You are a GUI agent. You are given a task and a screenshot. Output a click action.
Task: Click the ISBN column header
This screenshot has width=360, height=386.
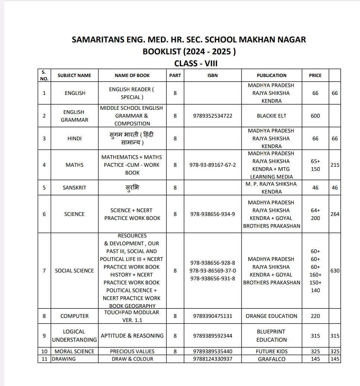[x=212, y=75]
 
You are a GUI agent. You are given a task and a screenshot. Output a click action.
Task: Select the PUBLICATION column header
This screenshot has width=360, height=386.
[x=271, y=75]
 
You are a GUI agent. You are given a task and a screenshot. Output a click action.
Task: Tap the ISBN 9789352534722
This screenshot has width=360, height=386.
[x=212, y=116]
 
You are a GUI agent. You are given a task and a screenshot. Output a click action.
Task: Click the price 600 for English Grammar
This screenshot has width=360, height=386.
[x=315, y=116]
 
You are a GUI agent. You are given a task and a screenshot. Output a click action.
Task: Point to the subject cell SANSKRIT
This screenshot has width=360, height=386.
[x=74, y=188]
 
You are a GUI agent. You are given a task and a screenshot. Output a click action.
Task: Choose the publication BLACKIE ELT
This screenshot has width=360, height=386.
[x=271, y=116]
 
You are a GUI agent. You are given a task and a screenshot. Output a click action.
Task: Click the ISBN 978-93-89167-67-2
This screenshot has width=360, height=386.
[x=212, y=165]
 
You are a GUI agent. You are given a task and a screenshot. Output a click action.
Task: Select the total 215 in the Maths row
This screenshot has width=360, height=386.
[x=335, y=165]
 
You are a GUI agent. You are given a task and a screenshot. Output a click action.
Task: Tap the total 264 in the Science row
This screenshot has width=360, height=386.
[x=335, y=214]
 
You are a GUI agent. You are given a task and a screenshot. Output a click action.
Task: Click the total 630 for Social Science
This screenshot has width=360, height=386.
[x=335, y=271]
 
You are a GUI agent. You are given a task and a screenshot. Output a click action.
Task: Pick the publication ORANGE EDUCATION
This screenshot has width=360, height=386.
[x=271, y=316]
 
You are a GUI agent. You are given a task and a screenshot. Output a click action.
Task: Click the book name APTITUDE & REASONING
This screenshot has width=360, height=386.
[x=132, y=336]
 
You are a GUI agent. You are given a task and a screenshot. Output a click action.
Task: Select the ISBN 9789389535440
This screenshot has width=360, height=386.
[x=212, y=351]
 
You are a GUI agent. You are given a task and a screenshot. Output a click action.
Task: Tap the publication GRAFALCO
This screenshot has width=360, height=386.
[x=271, y=359]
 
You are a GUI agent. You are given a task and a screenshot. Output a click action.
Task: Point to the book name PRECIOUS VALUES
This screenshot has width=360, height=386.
[x=132, y=351]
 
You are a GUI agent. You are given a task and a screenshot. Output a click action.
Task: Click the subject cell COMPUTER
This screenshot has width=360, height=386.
[x=74, y=316]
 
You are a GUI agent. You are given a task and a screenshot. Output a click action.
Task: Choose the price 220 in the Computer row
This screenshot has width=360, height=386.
[x=315, y=316]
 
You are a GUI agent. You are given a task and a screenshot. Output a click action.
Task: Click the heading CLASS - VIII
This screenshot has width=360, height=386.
[x=196, y=63]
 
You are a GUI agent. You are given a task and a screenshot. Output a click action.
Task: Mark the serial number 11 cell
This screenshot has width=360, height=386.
[x=44, y=359]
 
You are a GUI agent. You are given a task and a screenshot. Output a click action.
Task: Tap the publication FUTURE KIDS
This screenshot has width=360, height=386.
[x=271, y=351]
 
